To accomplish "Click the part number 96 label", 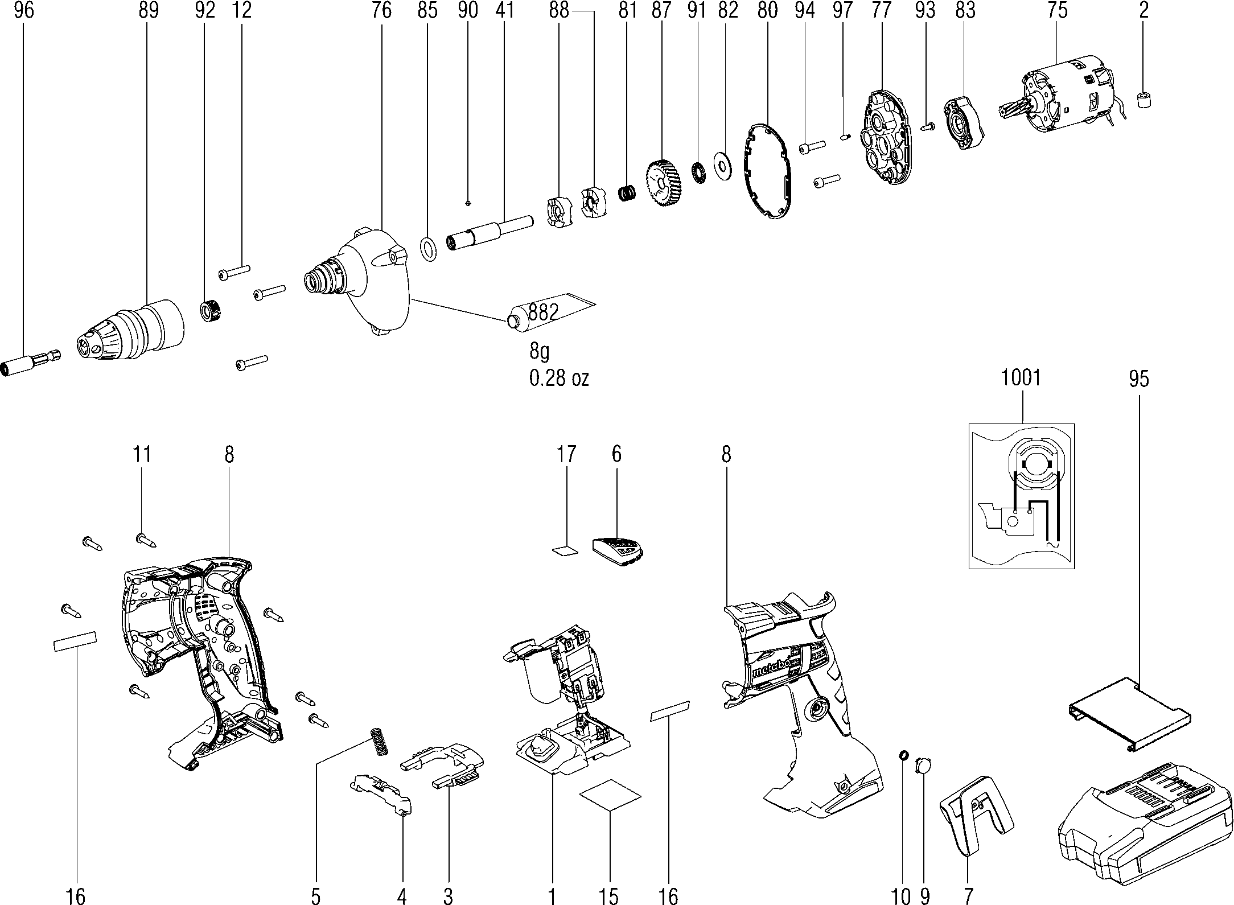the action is (24, 11).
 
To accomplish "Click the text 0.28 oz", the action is (559, 379).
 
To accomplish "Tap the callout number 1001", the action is (1022, 377).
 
